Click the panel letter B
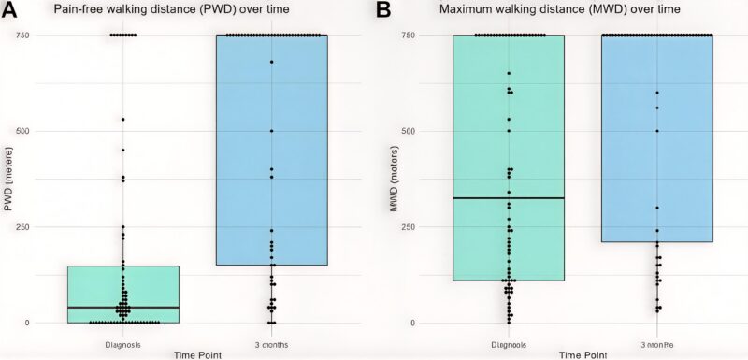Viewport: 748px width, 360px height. [x=382, y=11]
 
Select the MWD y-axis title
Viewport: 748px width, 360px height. [x=395, y=179]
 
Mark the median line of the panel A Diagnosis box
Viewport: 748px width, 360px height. [x=123, y=307]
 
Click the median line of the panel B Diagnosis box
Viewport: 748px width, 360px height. [x=508, y=198]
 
